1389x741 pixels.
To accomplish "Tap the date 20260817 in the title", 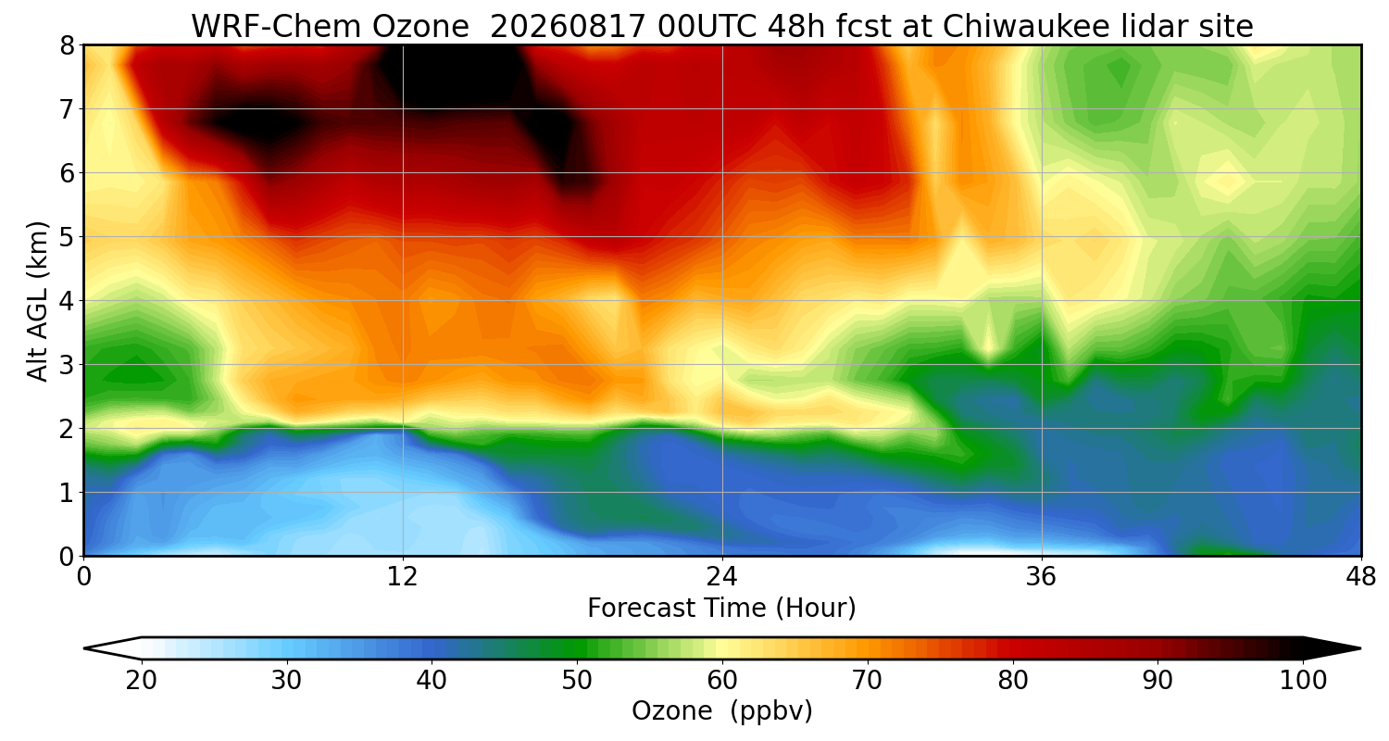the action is point(568,27).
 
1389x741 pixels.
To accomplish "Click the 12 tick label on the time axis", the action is point(403,577).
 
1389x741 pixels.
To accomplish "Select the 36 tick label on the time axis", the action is point(1041,577).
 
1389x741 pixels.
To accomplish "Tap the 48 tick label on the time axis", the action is point(1360,577).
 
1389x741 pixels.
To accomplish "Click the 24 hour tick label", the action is point(721,577).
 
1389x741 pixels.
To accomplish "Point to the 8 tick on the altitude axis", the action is point(67,46).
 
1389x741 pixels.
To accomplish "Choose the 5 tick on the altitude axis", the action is point(67,237).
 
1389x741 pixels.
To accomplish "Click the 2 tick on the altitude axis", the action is point(67,429).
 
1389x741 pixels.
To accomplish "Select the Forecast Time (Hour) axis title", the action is point(721,609).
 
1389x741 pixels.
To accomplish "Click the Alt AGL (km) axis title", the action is point(37,301).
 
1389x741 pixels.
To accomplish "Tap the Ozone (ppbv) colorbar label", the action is point(721,711).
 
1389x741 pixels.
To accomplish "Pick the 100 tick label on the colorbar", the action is point(1303,681).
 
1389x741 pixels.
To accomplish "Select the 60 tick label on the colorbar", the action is point(721,681).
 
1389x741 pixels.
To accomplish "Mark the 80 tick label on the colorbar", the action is point(1013,681).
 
